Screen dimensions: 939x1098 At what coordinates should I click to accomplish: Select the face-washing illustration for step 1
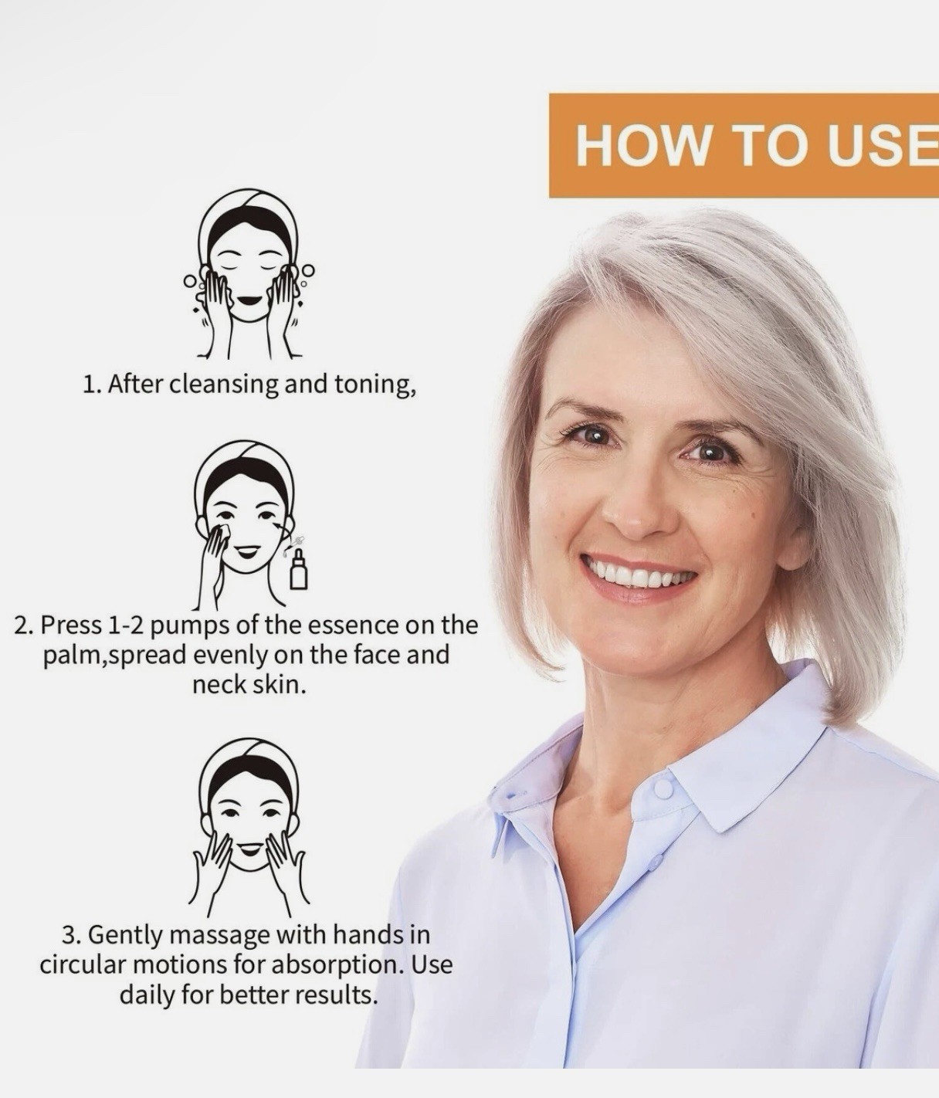coord(249,273)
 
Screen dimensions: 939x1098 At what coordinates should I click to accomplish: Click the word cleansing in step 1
coord(224,385)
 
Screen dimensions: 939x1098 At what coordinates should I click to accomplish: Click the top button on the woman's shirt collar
coord(663,789)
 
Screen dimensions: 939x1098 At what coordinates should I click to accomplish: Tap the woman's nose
coord(635,510)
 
